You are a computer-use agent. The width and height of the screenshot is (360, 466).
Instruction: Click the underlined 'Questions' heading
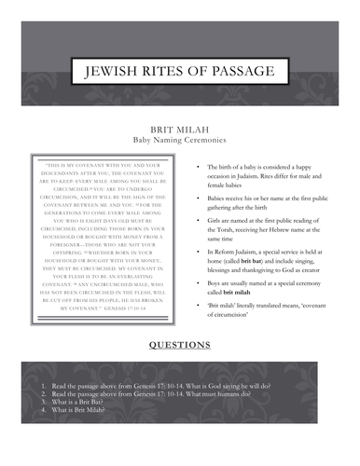coord(180,343)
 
